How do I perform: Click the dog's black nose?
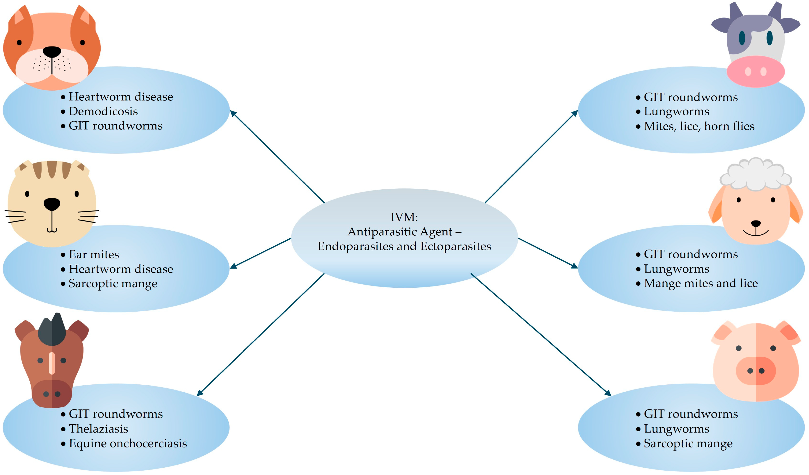click(x=52, y=51)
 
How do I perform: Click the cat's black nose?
click(x=52, y=204)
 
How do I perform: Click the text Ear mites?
click(x=94, y=254)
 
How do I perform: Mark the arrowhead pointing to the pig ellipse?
click(x=608, y=393)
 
